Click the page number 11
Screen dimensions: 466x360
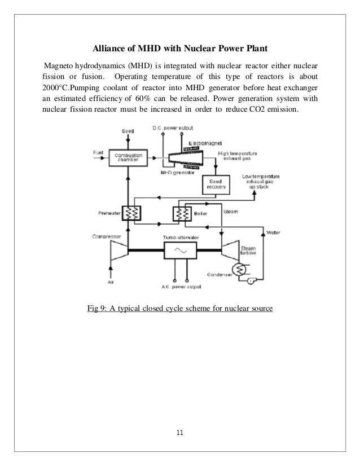coord(180,433)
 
